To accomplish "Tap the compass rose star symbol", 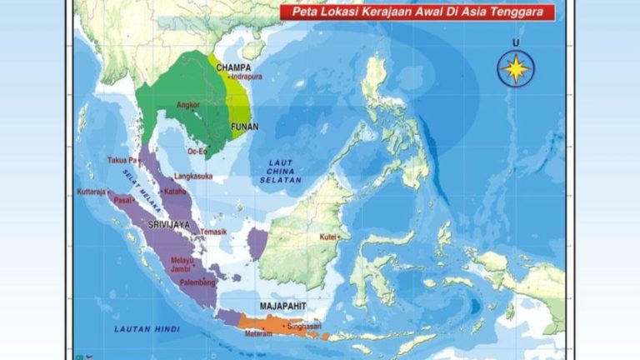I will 516,67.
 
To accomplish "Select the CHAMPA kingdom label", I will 233,67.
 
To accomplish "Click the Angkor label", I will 188,105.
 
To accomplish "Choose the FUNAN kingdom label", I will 244,127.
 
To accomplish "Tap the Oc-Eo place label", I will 197,152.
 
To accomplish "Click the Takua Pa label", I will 121,159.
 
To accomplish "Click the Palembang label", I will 198,282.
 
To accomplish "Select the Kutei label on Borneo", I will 328,237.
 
